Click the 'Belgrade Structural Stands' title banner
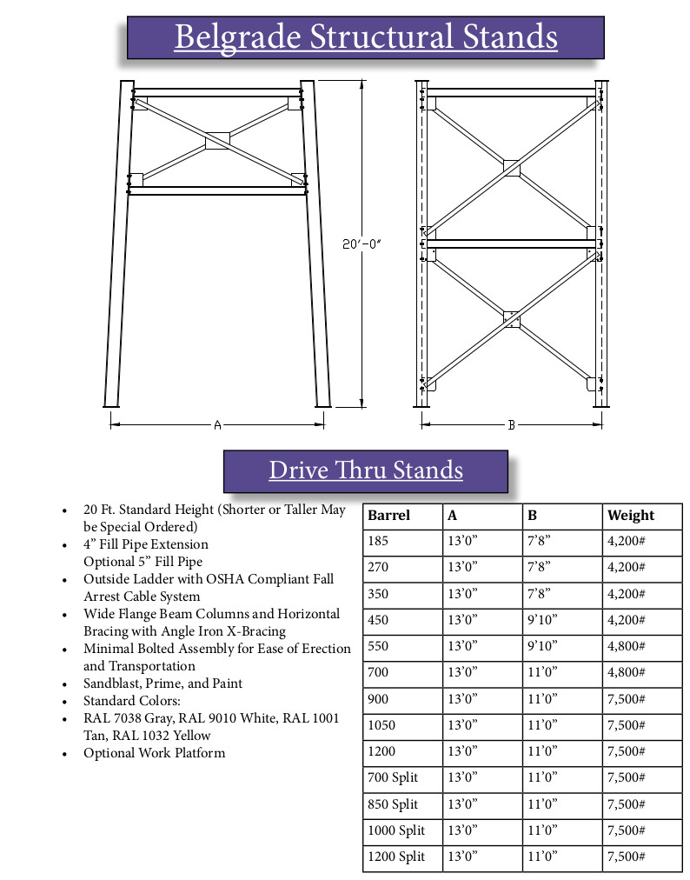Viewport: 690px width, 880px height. (x=365, y=37)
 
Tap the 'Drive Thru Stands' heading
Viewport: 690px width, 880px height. (x=365, y=470)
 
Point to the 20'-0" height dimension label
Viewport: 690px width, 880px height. (x=361, y=246)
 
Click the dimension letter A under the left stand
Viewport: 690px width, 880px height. (x=217, y=424)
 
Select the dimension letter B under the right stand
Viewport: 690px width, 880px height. (x=512, y=424)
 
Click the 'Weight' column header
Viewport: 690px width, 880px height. (x=631, y=515)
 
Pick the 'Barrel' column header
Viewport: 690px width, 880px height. (x=388, y=515)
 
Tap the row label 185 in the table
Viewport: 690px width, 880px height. (x=379, y=541)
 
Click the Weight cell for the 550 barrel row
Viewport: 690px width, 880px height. (x=626, y=646)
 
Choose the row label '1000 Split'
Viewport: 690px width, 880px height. (x=397, y=830)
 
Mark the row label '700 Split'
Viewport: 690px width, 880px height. (x=393, y=777)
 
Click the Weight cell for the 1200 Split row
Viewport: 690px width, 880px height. (x=626, y=857)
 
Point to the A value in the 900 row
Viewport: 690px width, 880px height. (x=462, y=698)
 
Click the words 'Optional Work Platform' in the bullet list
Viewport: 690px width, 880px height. (x=154, y=753)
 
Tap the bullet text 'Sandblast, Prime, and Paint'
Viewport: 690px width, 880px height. (x=163, y=683)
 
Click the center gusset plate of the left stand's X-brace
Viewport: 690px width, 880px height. (x=216, y=140)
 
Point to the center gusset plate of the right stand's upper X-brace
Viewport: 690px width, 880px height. (x=511, y=167)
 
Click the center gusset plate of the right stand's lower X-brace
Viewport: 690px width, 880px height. (x=511, y=319)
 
